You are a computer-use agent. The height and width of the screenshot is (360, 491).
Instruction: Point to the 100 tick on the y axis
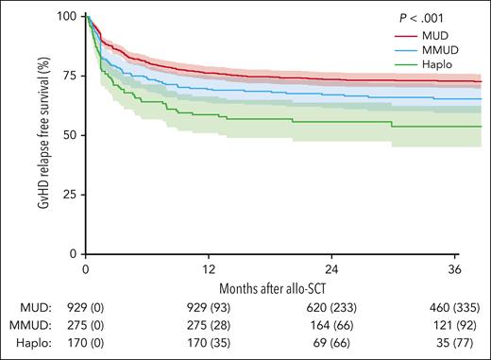pos(68,16)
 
